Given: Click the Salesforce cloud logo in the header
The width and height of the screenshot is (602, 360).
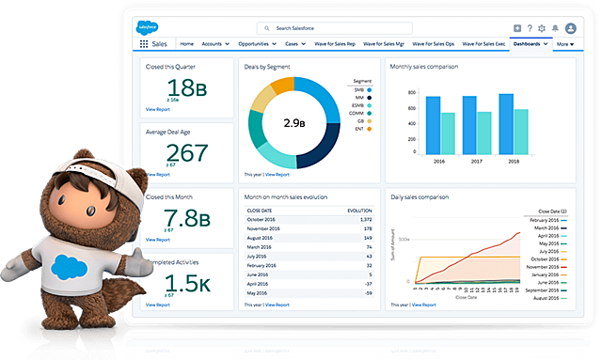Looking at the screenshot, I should (146, 27).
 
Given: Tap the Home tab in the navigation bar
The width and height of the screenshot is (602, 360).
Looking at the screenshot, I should (186, 43).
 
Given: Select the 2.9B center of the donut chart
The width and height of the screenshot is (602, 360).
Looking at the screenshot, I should (293, 123).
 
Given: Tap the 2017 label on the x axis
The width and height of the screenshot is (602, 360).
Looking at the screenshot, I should (475, 161).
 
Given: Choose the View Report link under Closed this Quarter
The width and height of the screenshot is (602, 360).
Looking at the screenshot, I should (158, 109).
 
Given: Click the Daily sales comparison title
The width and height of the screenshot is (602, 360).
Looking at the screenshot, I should (419, 196).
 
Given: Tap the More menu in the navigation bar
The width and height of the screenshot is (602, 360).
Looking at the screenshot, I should (564, 43).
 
